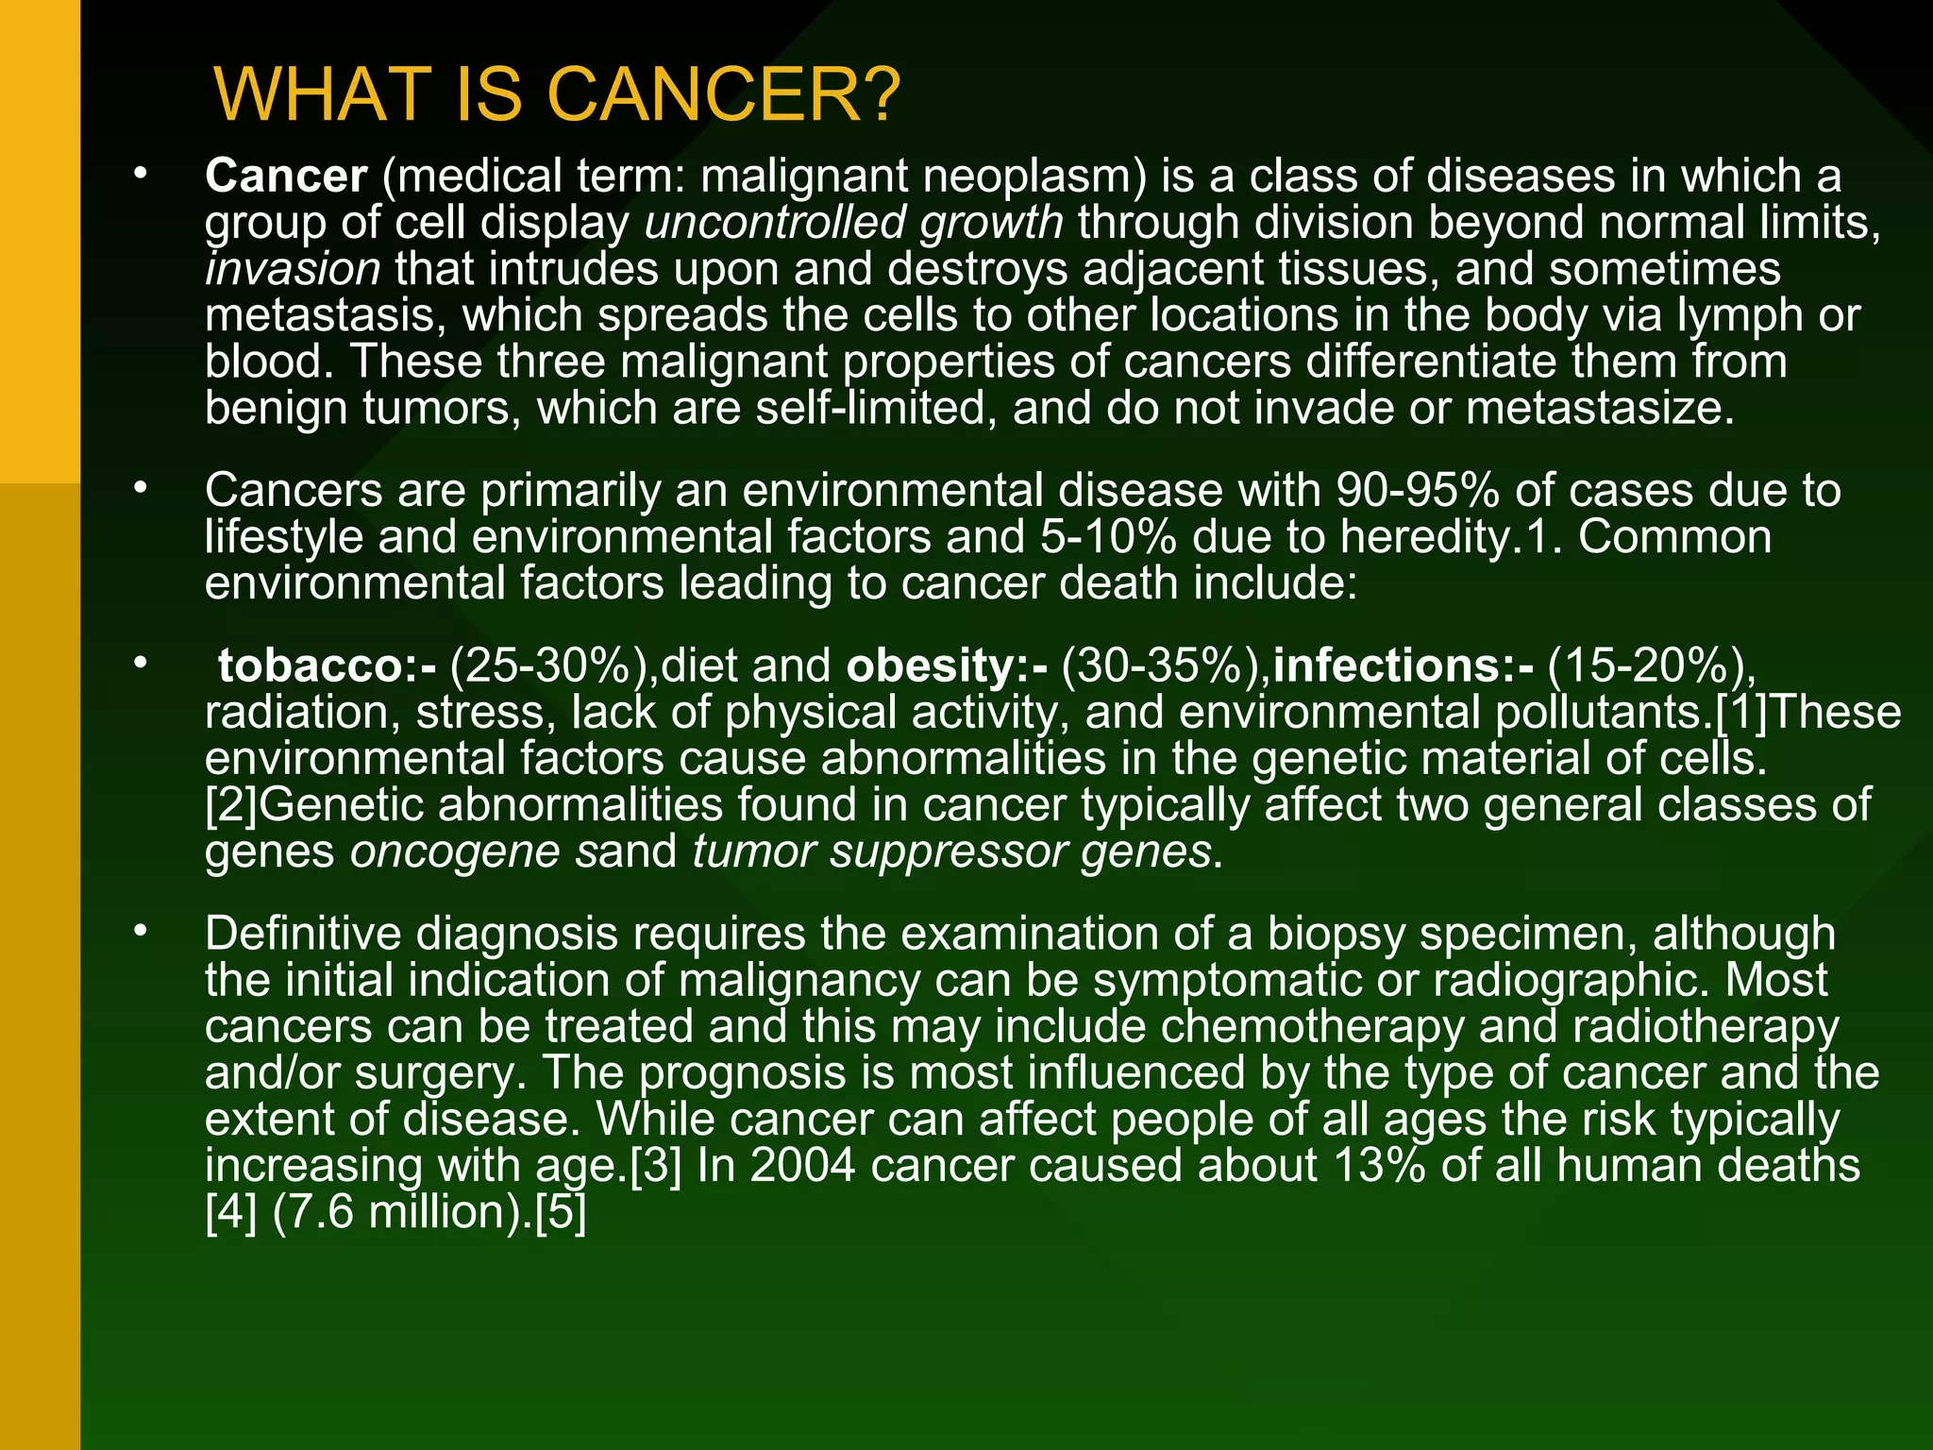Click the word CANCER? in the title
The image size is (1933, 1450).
(x=724, y=95)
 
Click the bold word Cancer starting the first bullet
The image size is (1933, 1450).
(x=286, y=177)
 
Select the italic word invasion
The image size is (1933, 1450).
(x=293, y=269)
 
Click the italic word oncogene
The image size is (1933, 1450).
(x=455, y=851)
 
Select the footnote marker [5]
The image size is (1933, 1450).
(x=561, y=1212)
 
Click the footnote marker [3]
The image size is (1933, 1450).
(x=655, y=1166)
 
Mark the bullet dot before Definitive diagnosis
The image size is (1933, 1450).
(x=141, y=931)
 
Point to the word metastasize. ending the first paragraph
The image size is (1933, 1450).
(x=1600, y=409)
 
